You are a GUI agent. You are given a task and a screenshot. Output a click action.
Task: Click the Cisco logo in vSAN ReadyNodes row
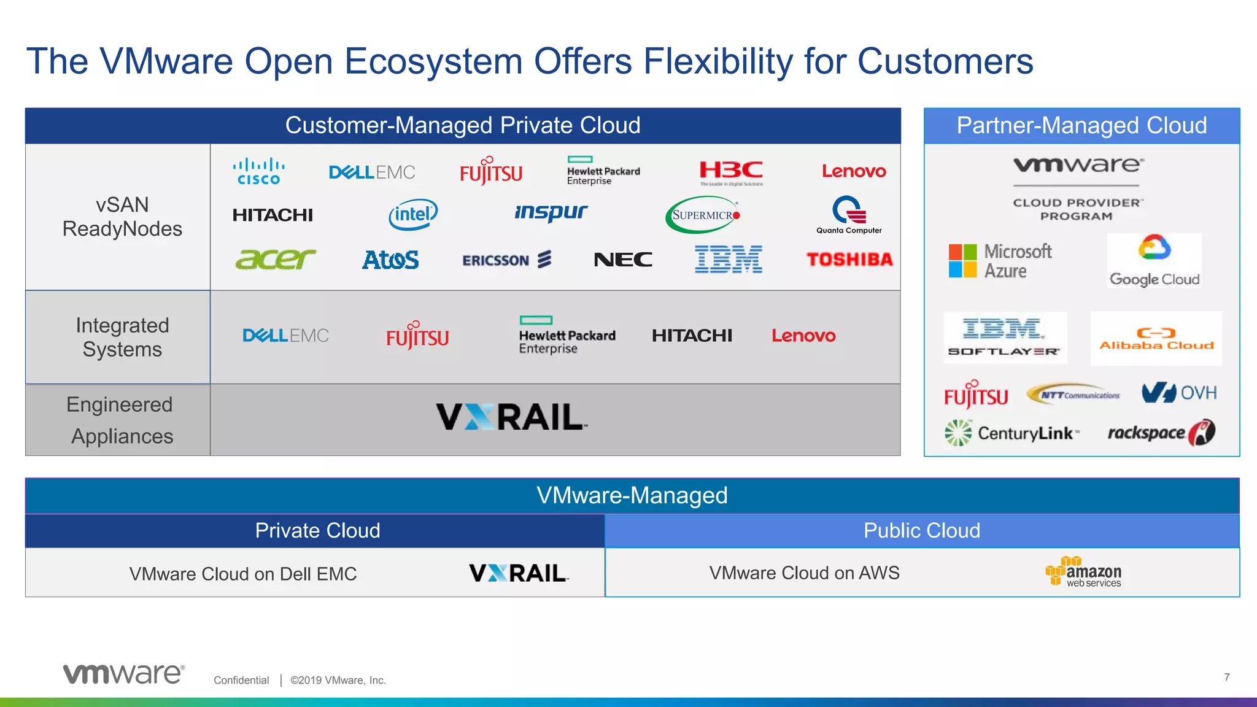pyautogui.click(x=258, y=171)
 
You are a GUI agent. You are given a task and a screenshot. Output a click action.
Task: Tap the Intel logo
pyautogui.click(x=413, y=214)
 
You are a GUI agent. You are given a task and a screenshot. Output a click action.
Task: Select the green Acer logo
pyautogui.click(x=275, y=259)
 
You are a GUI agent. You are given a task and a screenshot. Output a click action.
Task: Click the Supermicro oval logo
pyautogui.click(x=703, y=215)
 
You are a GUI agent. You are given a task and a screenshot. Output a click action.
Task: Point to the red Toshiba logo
pyautogui.click(x=849, y=259)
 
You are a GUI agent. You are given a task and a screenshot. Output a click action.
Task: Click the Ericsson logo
pyautogui.click(x=506, y=260)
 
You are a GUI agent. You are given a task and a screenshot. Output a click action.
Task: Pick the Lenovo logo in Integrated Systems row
pyautogui.click(x=803, y=336)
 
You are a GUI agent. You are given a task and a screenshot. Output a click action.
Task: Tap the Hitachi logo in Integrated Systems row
pyautogui.click(x=692, y=336)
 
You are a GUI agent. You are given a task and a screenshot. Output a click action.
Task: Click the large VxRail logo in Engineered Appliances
pyautogui.click(x=511, y=417)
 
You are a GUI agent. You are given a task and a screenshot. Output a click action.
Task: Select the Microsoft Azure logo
pyautogui.click(x=1000, y=261)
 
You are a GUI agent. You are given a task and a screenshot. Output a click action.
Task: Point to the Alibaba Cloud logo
pyautogui.click(x=1156, y=339)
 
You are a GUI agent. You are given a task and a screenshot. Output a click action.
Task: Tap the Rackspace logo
pyautogui.click(x=1161, y=433)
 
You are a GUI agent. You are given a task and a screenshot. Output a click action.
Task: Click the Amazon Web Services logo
pyautogui.click(x=1083, y=572)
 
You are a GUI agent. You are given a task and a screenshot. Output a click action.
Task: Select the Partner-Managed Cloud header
pyautogui.click(x=1081, y=126)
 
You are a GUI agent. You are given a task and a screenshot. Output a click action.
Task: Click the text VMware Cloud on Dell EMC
pyautogui.click(x=243, y=574)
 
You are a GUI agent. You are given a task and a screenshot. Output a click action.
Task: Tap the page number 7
pyautogui.click(x=1226, y=677)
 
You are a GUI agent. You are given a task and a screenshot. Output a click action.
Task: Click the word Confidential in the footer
pyautogui.click(x=241, y=680)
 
